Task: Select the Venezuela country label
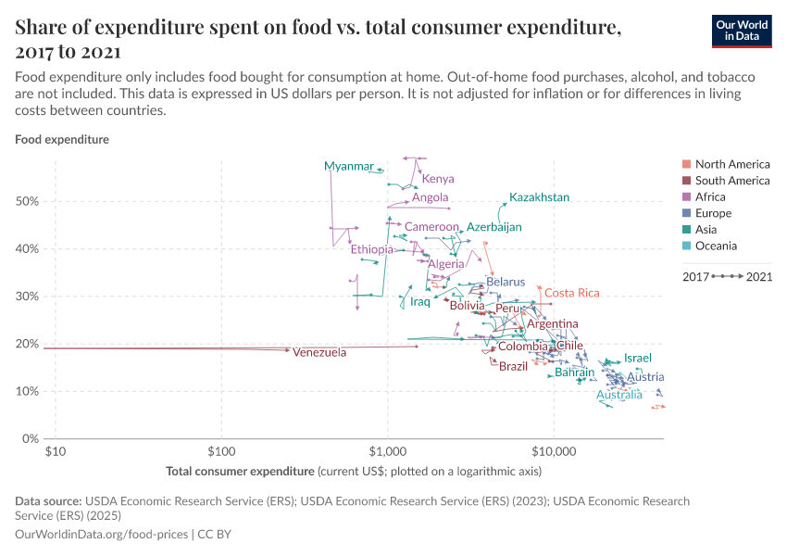click(319, 353)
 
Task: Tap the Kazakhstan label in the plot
click(539, 197)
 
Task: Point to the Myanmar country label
click(349, 166)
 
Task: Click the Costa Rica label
click(571, 293)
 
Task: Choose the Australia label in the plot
click(618, 395)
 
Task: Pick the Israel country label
click(638, 358)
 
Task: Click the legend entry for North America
click(731, 164)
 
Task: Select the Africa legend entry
click(710, 196)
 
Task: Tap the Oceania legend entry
click(716, 246)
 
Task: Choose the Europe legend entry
click(713, 213)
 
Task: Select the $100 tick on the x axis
click(221, 451)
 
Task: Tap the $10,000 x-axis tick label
click(554, 451)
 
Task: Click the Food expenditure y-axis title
click(62, 140)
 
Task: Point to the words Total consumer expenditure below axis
click(240, 472)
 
